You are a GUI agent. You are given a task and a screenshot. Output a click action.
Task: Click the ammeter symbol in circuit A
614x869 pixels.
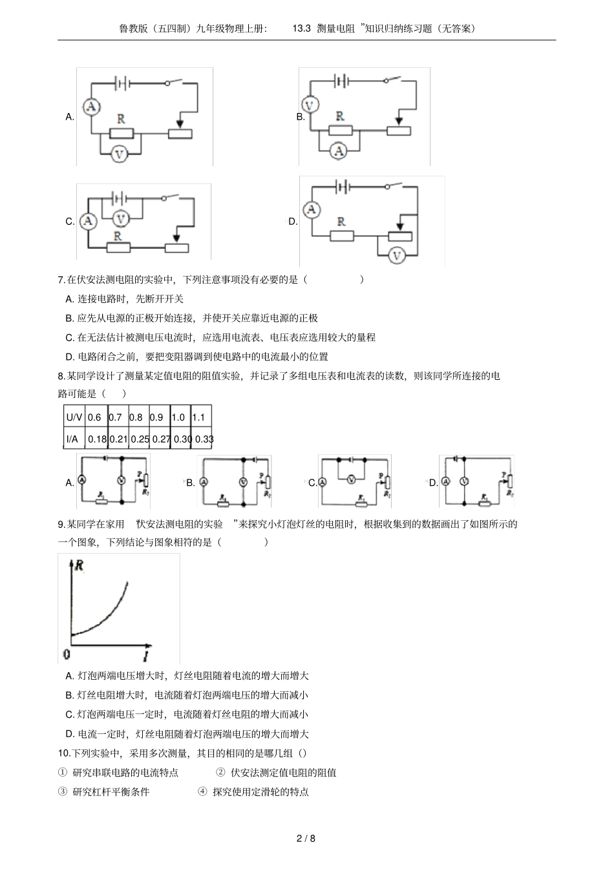click(x=92, y=106)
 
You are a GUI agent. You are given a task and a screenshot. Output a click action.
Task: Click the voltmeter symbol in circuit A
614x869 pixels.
click(x=118, y=154)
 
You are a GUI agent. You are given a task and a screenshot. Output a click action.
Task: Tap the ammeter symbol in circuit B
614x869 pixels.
click(x=337, y=151)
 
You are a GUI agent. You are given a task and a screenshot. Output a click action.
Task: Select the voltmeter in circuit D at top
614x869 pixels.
click(x=397, y=256)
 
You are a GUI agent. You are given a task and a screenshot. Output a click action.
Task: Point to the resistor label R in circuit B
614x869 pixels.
click(x=340, y=116)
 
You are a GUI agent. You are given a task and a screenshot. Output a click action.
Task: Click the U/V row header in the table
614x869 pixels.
click(x=74, y=417)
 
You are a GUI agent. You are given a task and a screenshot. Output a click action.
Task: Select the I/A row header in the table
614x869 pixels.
click(x=72, y=439)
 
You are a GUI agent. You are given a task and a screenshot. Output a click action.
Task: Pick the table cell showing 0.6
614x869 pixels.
click(x=94, y=417)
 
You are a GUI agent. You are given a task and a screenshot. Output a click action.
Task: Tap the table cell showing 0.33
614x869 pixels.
click(x=204, y=439)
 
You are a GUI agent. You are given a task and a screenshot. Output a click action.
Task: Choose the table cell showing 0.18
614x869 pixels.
click(x=97, y=439)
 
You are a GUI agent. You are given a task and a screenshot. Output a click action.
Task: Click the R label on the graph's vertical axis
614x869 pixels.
click(x=79, y=565)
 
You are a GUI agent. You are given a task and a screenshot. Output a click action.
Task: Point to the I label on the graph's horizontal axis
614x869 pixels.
click(x=146, y=656)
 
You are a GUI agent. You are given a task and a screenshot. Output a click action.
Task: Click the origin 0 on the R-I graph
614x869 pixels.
click(x=66, y=655)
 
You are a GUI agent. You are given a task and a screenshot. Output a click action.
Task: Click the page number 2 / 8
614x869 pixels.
click(x=306, y=839)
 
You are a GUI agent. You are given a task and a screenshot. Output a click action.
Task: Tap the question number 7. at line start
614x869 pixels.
click(x=62, y=280)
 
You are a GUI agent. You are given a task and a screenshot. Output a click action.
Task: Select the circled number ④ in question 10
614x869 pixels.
click(x=202, y=791)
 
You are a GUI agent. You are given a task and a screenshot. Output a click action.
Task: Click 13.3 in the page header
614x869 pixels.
click(x=302, y=28)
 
